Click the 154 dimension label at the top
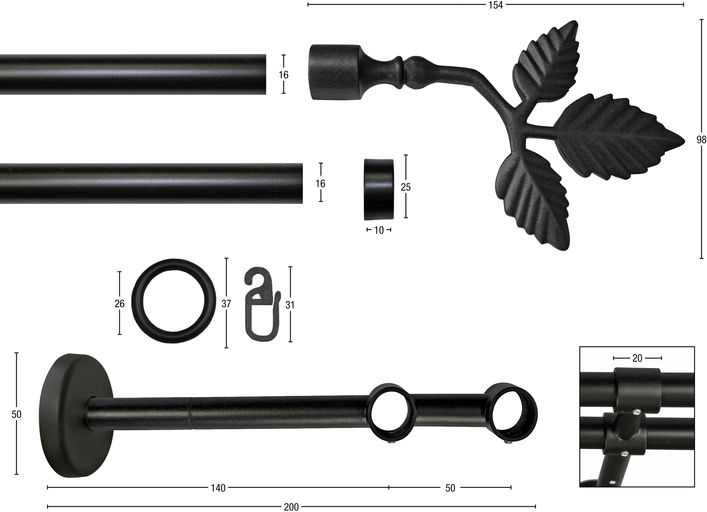point(496,5)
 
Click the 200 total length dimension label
point(291,507)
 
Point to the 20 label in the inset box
point(637,358)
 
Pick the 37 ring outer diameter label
point(226,304)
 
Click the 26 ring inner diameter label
point(119,304)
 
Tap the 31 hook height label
point(290,305)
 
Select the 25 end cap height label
point(406,187)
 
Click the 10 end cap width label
point(379,230)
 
